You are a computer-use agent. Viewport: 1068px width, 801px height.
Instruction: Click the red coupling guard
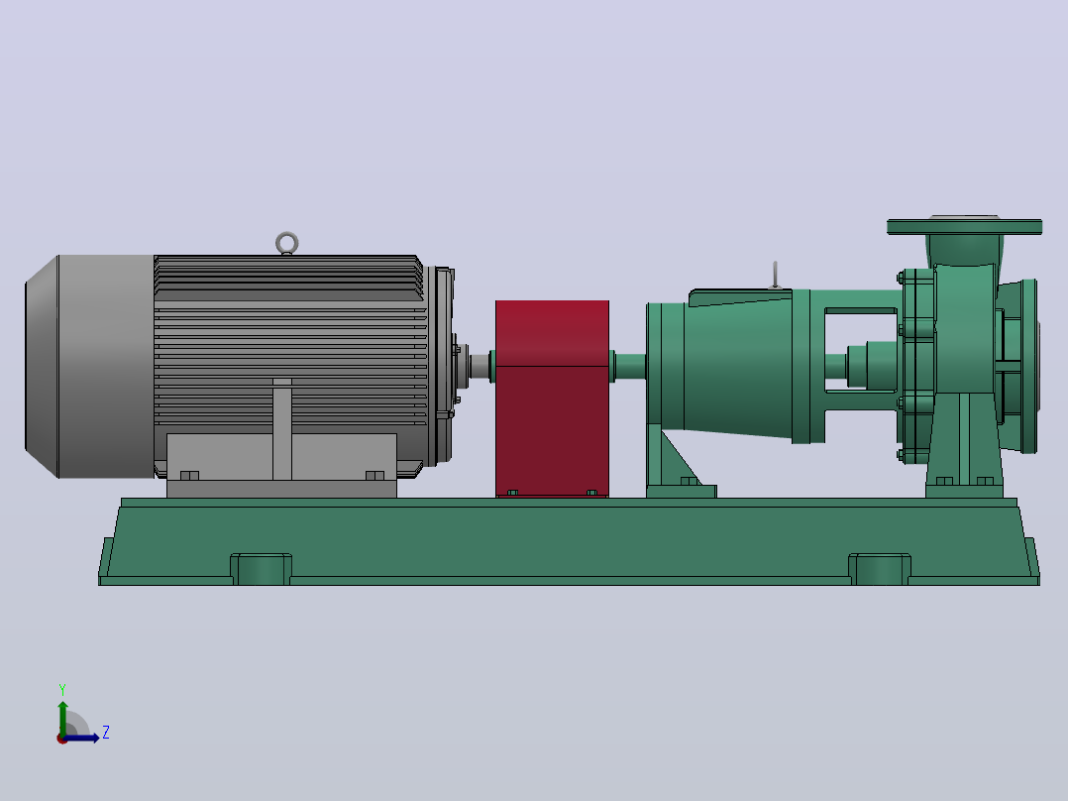click(553, 399)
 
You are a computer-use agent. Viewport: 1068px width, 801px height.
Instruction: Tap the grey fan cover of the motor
click(89, 366)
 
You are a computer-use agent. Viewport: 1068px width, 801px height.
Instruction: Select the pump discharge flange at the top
click(965, 226)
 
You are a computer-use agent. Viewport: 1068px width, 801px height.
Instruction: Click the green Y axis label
click(62, 689)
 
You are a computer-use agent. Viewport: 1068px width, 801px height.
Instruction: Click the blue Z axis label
click(106, 733)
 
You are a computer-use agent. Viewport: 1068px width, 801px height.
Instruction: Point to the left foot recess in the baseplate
click(261, 569)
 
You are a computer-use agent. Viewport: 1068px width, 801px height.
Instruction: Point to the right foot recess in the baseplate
click(880, 569)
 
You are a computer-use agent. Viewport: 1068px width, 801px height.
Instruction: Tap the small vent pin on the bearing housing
click(775, 275)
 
